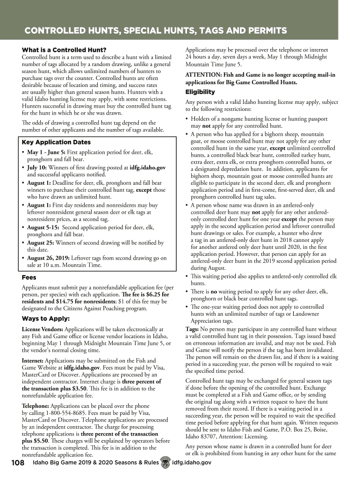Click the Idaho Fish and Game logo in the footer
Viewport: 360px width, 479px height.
164,462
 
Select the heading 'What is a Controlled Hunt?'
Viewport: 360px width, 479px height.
64,50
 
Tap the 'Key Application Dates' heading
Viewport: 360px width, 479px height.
56,142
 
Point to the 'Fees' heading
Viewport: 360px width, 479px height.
29,277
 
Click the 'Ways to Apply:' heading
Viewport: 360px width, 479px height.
46,319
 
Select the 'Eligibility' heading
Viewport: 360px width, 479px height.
200,92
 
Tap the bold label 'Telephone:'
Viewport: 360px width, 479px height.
35,399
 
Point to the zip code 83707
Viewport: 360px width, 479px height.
205,436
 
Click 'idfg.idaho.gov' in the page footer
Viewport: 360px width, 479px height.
192,463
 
